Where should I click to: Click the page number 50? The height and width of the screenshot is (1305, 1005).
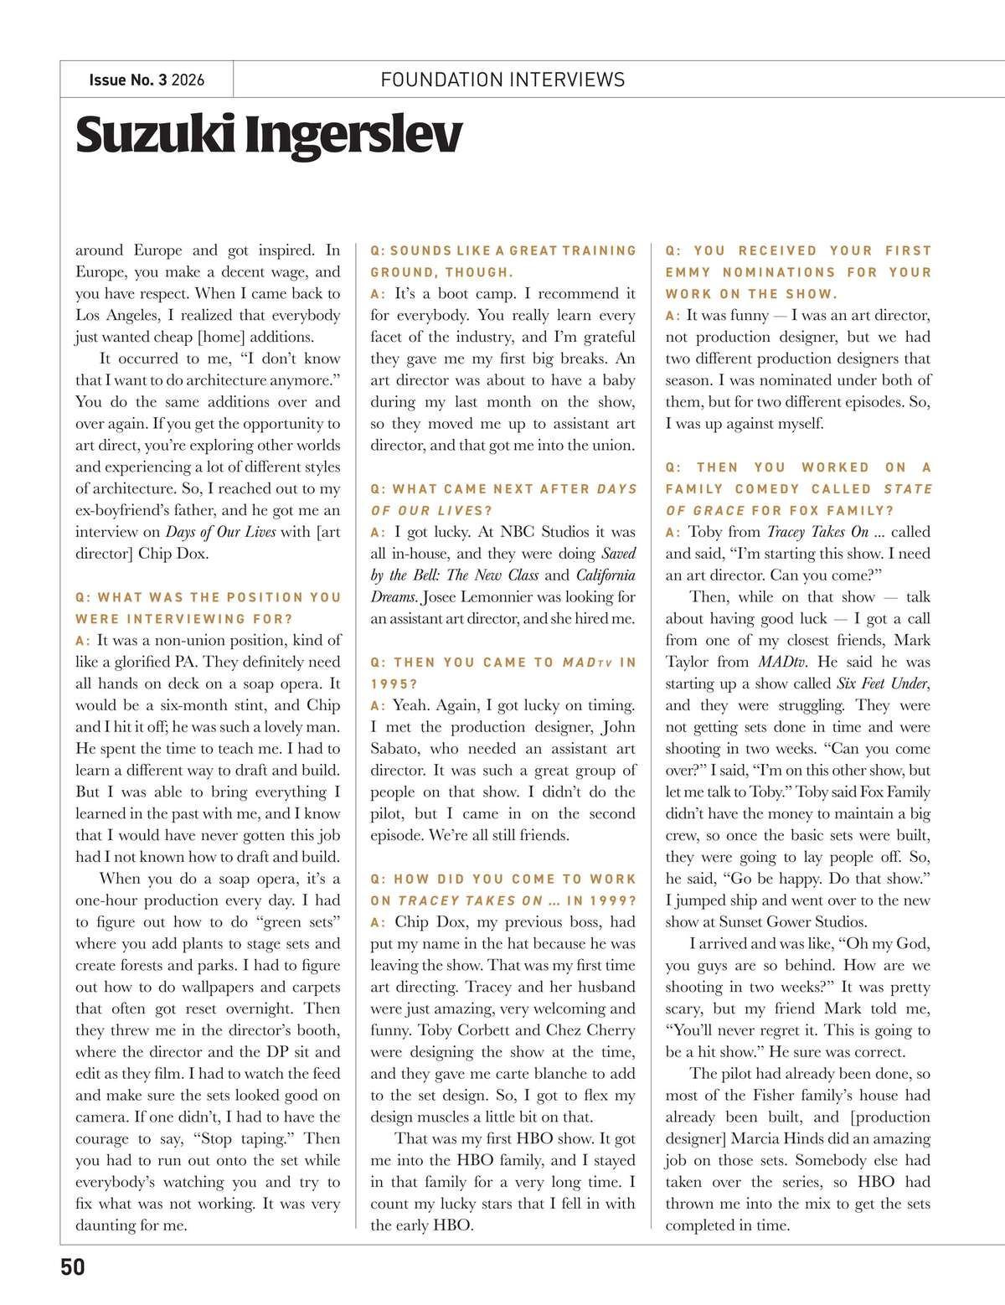(73, 1266)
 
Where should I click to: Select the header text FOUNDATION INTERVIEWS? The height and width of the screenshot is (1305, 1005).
(502, 80)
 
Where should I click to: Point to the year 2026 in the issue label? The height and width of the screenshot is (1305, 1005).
(188, 80)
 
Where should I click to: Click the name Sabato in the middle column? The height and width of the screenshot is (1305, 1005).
(397, 749)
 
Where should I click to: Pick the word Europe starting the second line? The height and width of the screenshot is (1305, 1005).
(98, 271)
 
